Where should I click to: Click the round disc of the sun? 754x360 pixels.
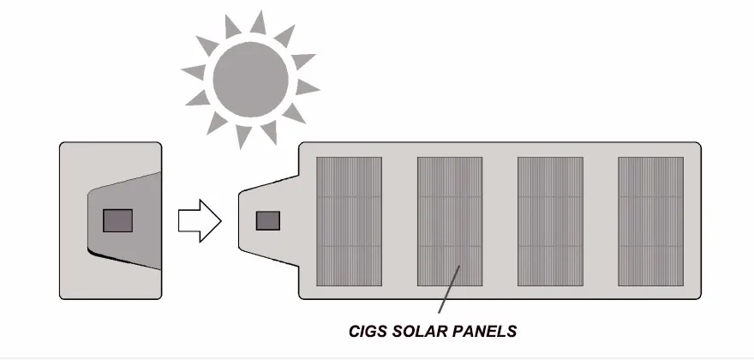251,77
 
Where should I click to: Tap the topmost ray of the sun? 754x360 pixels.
257,21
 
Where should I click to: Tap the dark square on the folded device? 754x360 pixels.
117,220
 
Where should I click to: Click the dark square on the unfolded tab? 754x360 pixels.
269,220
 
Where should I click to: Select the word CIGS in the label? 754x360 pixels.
370,330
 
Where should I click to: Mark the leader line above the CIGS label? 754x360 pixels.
449,291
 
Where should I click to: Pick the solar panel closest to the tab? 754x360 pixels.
350,220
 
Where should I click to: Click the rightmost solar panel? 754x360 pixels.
650,220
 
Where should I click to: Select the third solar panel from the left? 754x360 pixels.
550,220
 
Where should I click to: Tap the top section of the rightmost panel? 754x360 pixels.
650,177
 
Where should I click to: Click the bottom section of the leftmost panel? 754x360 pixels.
350,266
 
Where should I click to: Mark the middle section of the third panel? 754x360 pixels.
550,221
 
